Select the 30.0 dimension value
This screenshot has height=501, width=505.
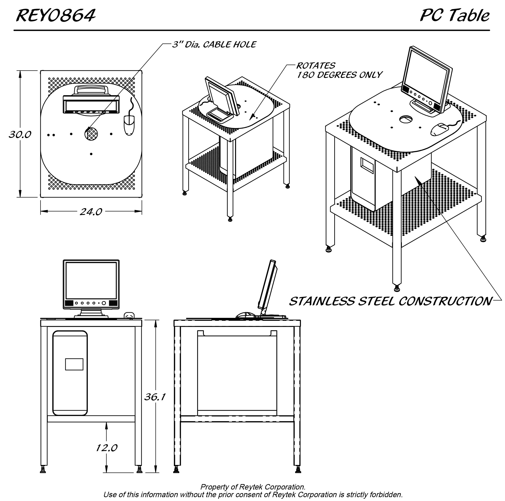pyautogui.click(x=20, y=135)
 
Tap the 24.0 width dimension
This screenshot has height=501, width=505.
pyautogui.click(x=91, y=212)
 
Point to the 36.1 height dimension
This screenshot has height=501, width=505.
pyautogui.click(x=155, y=397)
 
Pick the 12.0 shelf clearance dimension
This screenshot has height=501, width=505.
pyautogui.click(x=107, y=448)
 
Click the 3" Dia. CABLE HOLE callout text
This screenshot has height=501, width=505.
pyautogui.click(x=214, y=45)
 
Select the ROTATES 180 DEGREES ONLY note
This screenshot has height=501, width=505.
pyautogui.click(x=339, y=70)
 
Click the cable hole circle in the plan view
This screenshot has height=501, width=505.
pyautogui.click(x=91, y=134)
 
